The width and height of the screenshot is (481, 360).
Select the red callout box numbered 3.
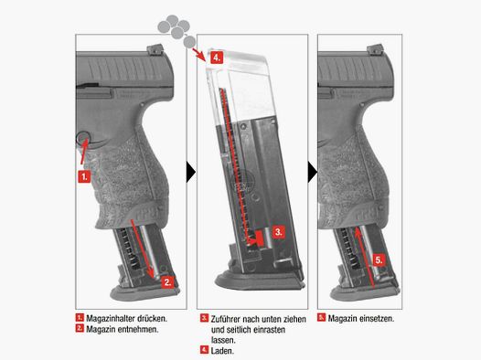click(281, 233)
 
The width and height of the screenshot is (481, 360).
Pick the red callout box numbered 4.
click(215, 57)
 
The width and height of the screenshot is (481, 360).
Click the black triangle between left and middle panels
click(190, 172)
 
